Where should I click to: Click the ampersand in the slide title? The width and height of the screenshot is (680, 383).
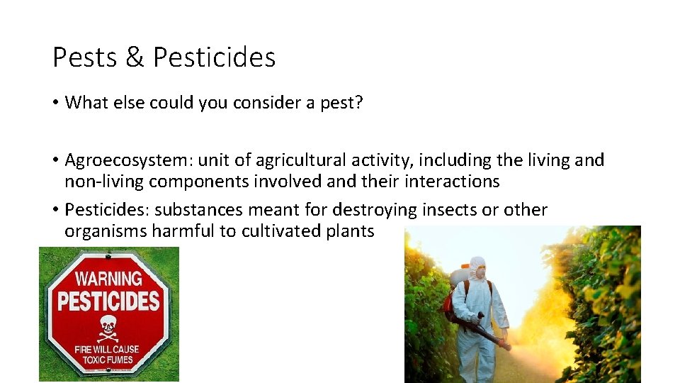click(x=135, y=57)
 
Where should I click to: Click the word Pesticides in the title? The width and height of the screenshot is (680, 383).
click(x=214, y=57)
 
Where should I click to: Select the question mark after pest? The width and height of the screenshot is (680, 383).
click(x=359, y=103)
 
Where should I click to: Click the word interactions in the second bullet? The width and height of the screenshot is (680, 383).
click(x=452, y=182)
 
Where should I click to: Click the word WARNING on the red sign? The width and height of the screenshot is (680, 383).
click(x=108, y=279)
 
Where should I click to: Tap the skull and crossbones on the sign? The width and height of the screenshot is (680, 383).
click(x=108, y=327)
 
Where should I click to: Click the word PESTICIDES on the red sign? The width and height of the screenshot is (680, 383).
click(x=108, y=301)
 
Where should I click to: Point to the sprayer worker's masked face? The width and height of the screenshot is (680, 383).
click(x=478, y=271)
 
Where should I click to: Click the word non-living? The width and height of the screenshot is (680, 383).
click(x=103, y=182)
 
